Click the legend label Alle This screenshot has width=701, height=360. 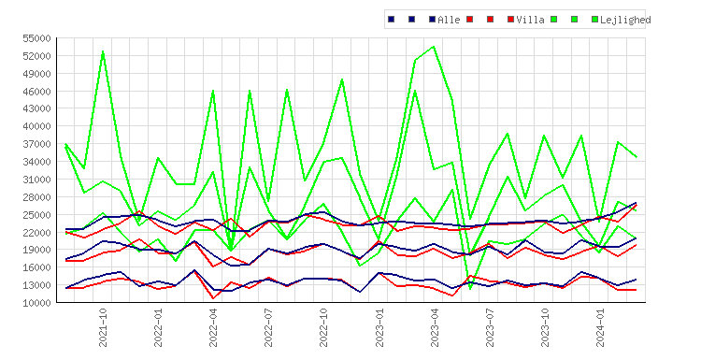pos(449,20)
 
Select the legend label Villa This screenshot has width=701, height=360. pos(530,20)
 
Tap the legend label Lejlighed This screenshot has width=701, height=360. pos(625,20)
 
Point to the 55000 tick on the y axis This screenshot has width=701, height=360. pos(37,38)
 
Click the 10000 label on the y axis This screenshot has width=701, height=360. pos(37,303)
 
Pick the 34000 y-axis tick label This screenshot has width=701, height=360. pos(37,162)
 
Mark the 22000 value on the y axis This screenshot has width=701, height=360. pos(37,233)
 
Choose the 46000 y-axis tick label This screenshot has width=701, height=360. pos(37,92)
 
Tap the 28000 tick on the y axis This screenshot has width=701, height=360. pos(37,197)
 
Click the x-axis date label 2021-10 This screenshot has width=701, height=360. pos(103,327)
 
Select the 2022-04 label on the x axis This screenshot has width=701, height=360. pos(213,327)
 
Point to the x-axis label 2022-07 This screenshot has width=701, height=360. pos(268,327)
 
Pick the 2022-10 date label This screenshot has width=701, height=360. pos(323,327)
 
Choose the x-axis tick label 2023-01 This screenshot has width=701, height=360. pos(379,327)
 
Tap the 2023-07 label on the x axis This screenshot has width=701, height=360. pos(490,327)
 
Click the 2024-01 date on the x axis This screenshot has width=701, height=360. pos(600,327)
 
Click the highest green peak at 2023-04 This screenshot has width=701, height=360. pos(434,47)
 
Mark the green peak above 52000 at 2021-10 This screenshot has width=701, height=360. pos(103,51)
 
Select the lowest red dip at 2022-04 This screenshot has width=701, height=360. pos(213,298)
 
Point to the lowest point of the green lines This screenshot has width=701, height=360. pos(470,289)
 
